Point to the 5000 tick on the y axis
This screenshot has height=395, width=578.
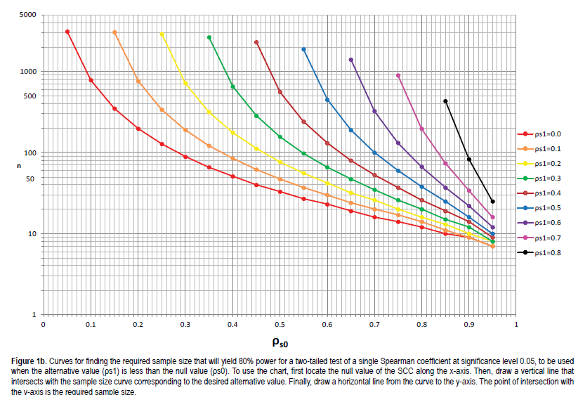point(28,15)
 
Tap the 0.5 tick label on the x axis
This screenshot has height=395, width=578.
point(280,325)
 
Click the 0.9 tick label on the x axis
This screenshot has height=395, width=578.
point(468,325)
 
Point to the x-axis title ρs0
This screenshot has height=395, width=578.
point(280,342)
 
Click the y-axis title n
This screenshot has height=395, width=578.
point(20,165)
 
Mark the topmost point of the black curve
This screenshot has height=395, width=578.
point(445,101)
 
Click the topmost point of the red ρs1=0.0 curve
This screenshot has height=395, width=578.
point(67,32)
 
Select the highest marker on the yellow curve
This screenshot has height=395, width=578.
point(162,34)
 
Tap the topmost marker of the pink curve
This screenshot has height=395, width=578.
point(398,75)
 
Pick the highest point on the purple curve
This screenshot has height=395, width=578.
point(351,60)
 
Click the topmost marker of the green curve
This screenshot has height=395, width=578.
point(209,37)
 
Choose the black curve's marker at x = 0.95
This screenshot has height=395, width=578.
point(492,202)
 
